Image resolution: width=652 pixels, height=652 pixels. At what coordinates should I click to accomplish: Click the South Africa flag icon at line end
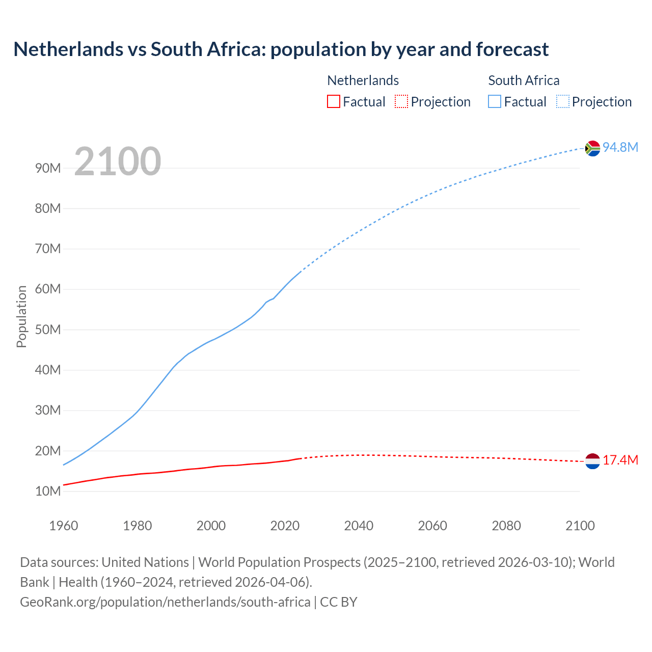[x=592, y=148]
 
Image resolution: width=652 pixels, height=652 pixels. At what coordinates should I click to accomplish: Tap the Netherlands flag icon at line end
[x=592, y=461]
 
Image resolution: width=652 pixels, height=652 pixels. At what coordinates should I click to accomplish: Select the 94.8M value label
[x=620, y=147]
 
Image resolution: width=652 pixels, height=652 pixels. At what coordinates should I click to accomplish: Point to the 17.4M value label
[x=620, y=460]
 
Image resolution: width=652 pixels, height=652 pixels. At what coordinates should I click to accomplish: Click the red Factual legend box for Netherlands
[x=333, y=102]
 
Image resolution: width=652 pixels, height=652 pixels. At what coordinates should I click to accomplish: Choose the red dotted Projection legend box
[x=401, y=102]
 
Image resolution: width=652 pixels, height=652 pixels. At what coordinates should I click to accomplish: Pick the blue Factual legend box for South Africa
[x=495, y=102]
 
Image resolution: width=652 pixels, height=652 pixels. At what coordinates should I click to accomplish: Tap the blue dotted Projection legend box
[x=563, y=102]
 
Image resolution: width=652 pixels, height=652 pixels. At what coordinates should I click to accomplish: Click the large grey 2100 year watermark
[x=118, y=161]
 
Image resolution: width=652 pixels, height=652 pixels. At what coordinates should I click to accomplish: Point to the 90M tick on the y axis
[x=48, y=168]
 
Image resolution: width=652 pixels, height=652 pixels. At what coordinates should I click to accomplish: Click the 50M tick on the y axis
[x=48, y=330]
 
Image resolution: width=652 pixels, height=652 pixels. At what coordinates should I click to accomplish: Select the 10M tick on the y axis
[x=48, y=491]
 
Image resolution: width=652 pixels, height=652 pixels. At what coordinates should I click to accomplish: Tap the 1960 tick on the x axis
[x=64, y=526]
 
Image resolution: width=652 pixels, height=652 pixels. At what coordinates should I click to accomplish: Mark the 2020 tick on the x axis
[x=285, y=526]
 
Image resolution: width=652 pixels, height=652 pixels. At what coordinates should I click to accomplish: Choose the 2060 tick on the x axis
[x=432, y=526]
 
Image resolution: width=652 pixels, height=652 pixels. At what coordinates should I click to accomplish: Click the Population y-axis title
[x=21, y=316]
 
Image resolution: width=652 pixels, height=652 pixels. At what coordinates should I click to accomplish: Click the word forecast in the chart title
[x=512, y=49]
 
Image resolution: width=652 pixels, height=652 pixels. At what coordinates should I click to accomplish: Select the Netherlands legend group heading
[x=363, y=80]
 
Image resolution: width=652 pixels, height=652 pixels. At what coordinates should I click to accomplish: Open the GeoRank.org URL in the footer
[x=165, y=602]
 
